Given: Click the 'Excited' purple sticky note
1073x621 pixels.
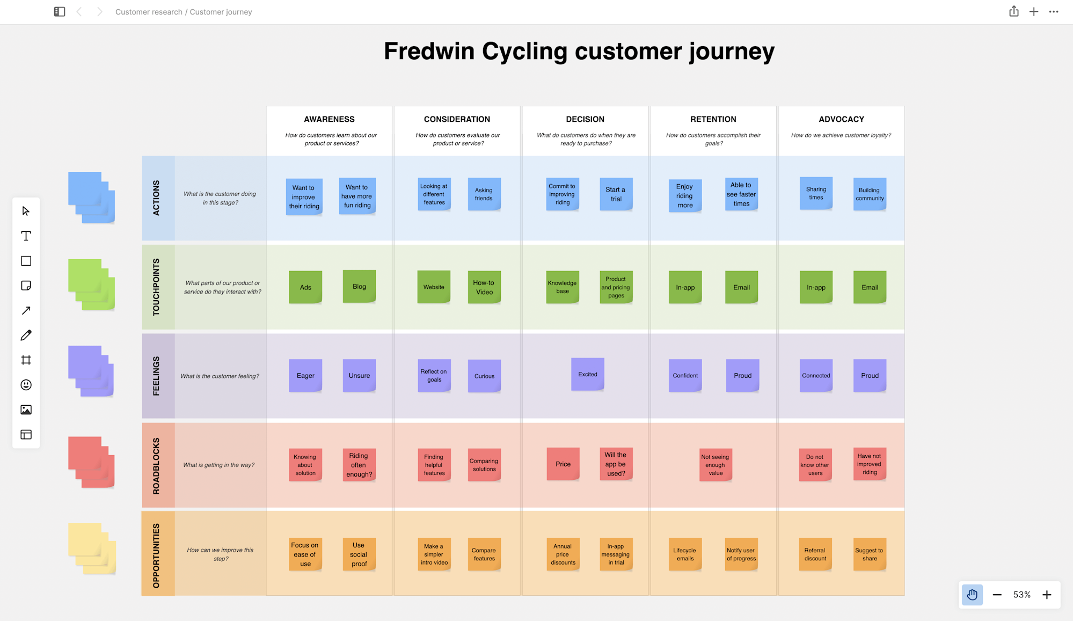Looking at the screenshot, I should pos(587,374).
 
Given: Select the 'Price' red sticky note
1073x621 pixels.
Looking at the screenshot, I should pos(563,464).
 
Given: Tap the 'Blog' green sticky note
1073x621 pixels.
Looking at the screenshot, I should pos(359,287).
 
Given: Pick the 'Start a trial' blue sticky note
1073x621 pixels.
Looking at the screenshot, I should pos(616,194).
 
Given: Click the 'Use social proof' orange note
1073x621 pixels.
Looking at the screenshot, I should pos(359,554).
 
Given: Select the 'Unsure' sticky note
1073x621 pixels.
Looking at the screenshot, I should pos(359,375).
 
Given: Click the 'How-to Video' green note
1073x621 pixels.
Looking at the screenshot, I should pos(484,287).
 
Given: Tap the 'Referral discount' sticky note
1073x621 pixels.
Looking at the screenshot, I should pos(815,554).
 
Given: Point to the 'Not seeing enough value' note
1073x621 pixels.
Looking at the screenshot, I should pos(715,465).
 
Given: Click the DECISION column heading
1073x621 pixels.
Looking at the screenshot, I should pos(585,119).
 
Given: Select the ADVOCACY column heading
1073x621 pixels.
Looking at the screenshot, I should pos(841,119).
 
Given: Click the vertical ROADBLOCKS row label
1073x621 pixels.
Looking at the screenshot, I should pos(156,465).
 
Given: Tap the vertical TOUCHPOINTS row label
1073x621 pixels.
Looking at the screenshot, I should pos(156,287).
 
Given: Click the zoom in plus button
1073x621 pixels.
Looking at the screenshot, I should pos(1047,595).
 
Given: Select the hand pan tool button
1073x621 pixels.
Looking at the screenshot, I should pos(972,595).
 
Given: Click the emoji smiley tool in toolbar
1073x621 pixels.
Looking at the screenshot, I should pos(26,385).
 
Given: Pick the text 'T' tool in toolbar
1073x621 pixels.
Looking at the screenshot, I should pos(26,236).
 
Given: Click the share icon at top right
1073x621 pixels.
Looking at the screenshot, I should pos(1013,11).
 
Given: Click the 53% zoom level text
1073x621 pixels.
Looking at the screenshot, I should pos(1021,595).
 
